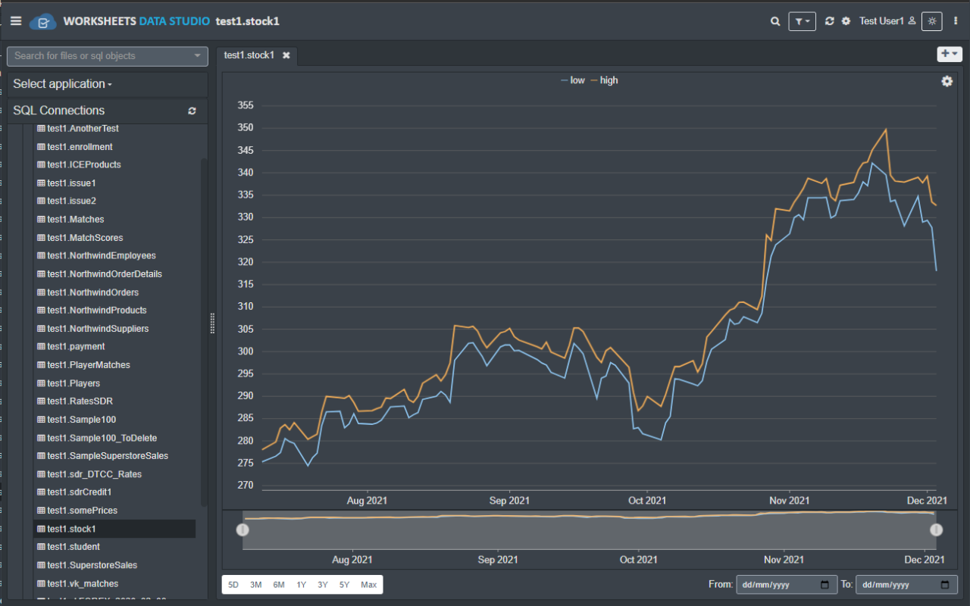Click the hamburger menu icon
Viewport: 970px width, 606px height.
click(x=16, y=21)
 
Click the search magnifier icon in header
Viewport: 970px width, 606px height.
click(x=775, y=21)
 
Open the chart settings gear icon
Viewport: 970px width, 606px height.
click(x=947, y=81)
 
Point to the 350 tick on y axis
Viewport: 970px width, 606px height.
click(x=245, y=128)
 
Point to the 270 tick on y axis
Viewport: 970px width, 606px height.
click(x=245, y=486)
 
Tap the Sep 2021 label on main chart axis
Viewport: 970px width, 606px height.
click(x=509, y=501)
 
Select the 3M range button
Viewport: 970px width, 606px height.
click(x=256, y=585)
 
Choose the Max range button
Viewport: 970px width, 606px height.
click(x=369, y=585)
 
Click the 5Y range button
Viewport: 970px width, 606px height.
click(x=345, y=585)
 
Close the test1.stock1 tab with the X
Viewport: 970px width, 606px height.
click(x=286, y=55)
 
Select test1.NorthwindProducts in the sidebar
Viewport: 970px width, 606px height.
click(x=97, y=311)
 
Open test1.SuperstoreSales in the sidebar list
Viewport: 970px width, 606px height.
click(x=92, y=565)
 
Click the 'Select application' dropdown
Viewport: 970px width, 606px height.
click(x=62, y=84)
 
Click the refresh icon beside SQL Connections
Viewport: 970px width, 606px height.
click(x=192, y=111)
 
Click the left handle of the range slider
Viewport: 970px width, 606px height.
click(x=242, y=529)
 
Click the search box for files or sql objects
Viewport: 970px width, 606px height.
click(x=102, y=56)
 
